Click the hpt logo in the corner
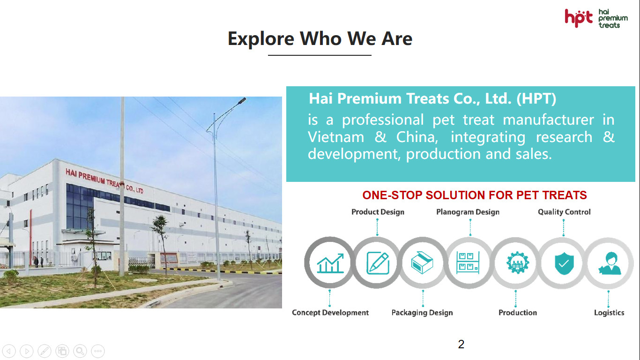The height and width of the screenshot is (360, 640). (x=596, y=18)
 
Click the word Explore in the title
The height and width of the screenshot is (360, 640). (x=261, y=38)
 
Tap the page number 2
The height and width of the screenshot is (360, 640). (x=461, y=344)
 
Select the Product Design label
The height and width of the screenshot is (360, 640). (x=378, y=212)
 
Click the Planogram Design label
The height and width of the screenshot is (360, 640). (x=468, y=212)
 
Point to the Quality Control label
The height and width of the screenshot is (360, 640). (x=564, y=212)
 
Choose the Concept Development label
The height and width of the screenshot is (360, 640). (x=330, y=313)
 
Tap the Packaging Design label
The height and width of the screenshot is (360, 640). (x=422, y=313)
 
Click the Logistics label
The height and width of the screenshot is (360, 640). (x=609, y=313)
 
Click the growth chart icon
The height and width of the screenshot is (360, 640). (x=330, y=263)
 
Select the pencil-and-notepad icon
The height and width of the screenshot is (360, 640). (x=378, y=263)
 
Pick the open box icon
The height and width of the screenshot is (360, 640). (x=422, y=263)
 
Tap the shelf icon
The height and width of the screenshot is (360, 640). (x=468, y=263)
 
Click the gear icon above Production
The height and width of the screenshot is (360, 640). (x=517, y=263)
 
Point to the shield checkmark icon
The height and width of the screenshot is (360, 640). (x=564, y=263)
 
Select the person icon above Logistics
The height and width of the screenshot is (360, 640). (x=610, y=263)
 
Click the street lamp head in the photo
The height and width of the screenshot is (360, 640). (x=242, y=101)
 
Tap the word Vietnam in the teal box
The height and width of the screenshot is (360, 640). (x=336, y=137)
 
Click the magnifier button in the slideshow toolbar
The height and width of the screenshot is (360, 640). (x=80, y=351)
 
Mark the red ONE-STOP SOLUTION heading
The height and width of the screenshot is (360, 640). (x=474, y=195)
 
